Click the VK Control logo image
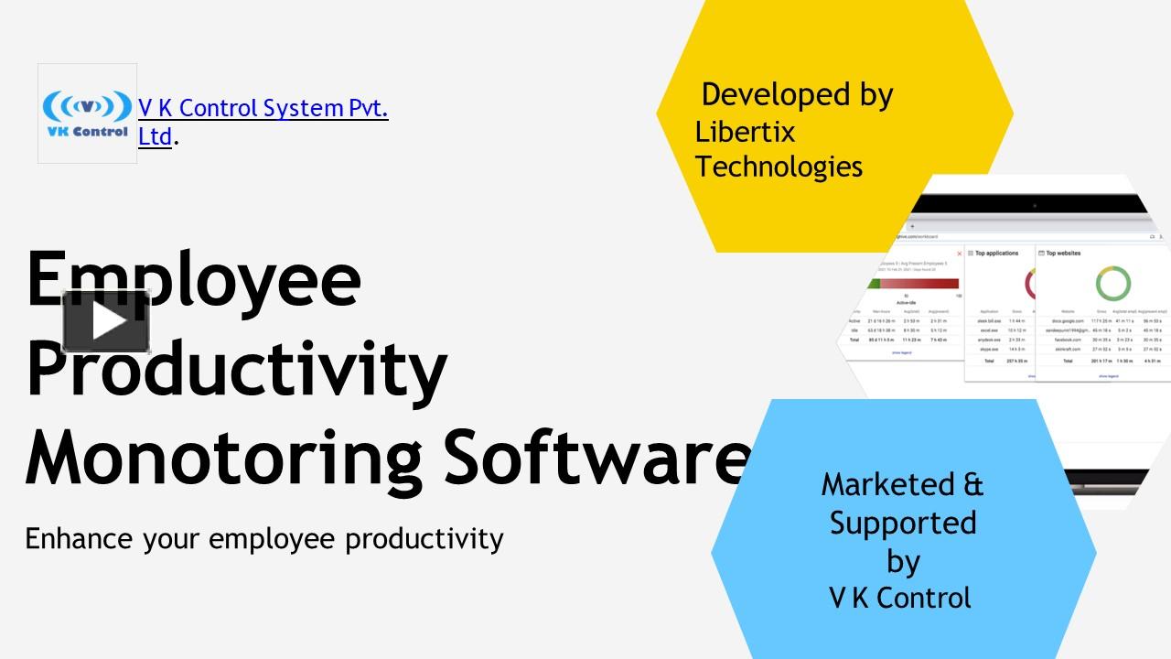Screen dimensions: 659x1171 click(87, 113)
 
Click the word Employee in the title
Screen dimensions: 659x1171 click(194, 279)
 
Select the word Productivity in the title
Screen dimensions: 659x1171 click(236, 368)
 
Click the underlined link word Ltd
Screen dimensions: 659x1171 click(155, 137)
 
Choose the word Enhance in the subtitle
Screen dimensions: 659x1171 click(80, 538)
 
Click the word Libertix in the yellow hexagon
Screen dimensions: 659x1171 click(745, 132)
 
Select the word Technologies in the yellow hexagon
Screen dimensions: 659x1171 click(779, 167)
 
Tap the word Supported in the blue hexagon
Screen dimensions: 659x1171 click(903, 523)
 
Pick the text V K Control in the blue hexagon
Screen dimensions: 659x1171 click(899, 598)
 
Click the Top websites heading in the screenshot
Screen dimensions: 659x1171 click(1063, 253)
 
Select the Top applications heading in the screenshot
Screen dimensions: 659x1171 click(996, 253)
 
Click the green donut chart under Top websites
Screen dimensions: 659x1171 click(1112, 283)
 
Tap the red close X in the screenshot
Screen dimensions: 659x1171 click(959, 254)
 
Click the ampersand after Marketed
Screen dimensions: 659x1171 click(973, 484)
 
